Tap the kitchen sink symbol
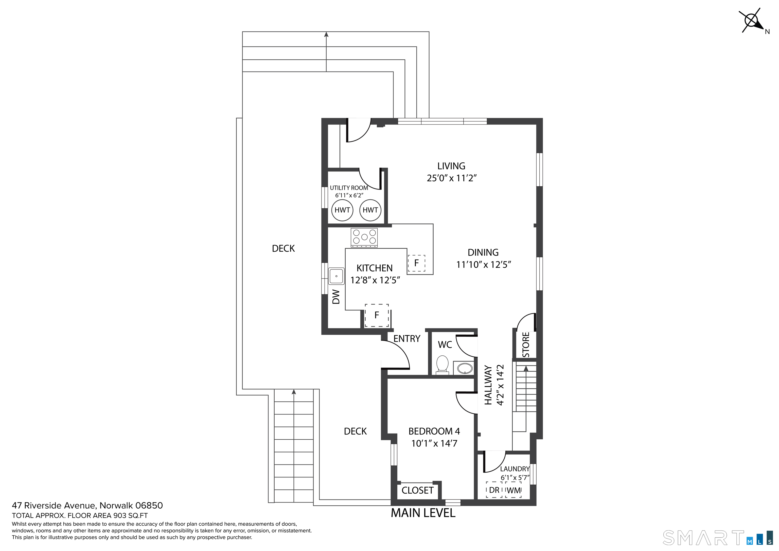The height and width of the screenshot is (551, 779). [336, 276]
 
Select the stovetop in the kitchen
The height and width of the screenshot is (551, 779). [364, 237]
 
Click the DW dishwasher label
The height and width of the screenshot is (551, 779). [336, 296]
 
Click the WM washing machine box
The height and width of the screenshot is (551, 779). [513, 490]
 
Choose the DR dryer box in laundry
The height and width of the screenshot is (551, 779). [494, 490]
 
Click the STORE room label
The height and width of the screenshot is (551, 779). [526, 345]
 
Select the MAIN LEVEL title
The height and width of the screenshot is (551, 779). [423, 513]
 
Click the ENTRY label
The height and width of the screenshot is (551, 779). [407, 338]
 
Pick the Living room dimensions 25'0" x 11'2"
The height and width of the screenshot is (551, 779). [452, 178]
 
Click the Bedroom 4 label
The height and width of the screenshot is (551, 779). [434, 431]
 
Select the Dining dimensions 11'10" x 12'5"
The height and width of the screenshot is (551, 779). [484, 265]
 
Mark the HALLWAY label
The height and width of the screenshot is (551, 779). [488, 385]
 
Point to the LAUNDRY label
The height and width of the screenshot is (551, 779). [515, 469]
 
